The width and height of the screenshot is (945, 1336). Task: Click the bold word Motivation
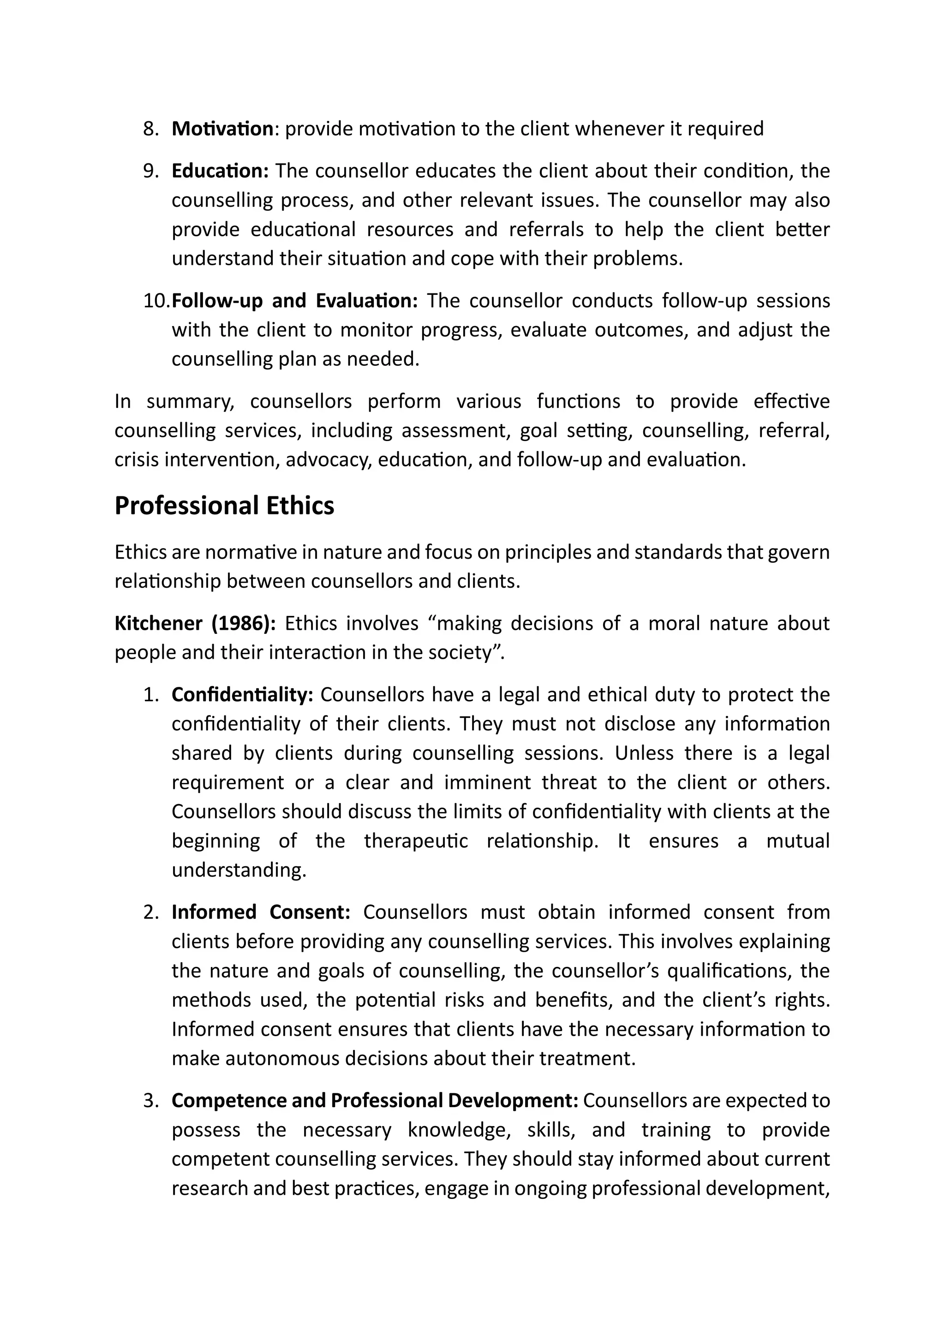coord(222,129)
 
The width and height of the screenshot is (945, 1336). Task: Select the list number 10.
coord(156,301)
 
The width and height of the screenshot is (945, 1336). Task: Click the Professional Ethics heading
coord(224,506)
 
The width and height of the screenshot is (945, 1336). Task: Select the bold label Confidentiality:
coord(242,695)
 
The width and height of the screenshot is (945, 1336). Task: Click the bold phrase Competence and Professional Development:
coord(374,1100)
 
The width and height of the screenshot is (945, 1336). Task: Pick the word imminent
coord(487,782)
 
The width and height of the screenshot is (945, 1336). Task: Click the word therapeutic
coord(415,841)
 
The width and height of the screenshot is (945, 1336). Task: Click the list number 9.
coord(151,171)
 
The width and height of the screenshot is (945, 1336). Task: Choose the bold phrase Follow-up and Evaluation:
coord(294,301)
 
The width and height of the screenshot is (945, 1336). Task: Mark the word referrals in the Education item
coord(546,229)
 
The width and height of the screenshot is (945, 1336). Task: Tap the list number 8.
coord(151,129)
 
